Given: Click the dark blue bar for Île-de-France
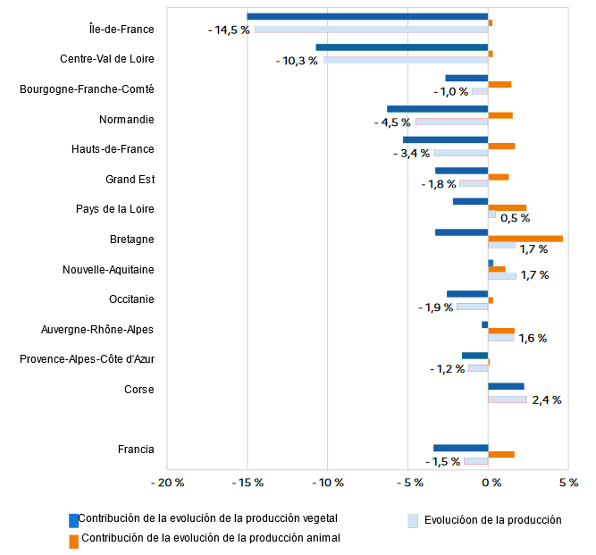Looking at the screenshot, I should coord(367,16).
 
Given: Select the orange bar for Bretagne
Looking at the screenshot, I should coord(525,239).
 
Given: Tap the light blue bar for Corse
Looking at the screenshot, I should coord(508,399).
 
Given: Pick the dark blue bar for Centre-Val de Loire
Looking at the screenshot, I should coord(402,47).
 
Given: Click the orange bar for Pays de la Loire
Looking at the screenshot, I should coord(508,208).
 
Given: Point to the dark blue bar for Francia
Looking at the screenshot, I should coord(461,448).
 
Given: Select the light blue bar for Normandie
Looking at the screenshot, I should coord(452,122).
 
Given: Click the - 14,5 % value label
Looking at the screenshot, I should coord(229,30).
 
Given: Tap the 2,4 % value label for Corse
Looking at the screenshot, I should coord(546,400).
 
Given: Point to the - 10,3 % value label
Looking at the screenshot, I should coord(297,61).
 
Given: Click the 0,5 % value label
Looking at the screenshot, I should coord(515,218).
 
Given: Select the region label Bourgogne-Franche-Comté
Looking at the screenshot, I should coord(87,89).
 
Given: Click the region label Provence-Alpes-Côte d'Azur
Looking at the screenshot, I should coord(87,359).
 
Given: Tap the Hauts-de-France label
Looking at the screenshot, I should coord(113,149).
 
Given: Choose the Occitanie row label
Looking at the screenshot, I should coord(131,299).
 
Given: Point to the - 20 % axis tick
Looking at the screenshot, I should coord(167,483).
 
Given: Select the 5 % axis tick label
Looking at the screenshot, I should coord(567,483).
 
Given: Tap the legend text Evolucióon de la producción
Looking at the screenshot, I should coord(492,520).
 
